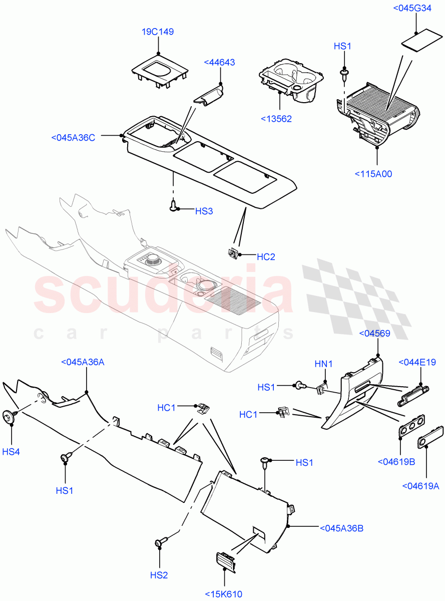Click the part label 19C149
point(157,32)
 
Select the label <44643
point(219,62)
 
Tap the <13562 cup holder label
point(276,119)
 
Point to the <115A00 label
point(373,174)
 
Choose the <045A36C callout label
point(73,138)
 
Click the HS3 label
point(204,211)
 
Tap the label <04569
point(375,333)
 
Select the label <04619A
point(420,485)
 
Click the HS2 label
point(159,575)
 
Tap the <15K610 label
point(223,594)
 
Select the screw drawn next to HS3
point(174,205)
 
